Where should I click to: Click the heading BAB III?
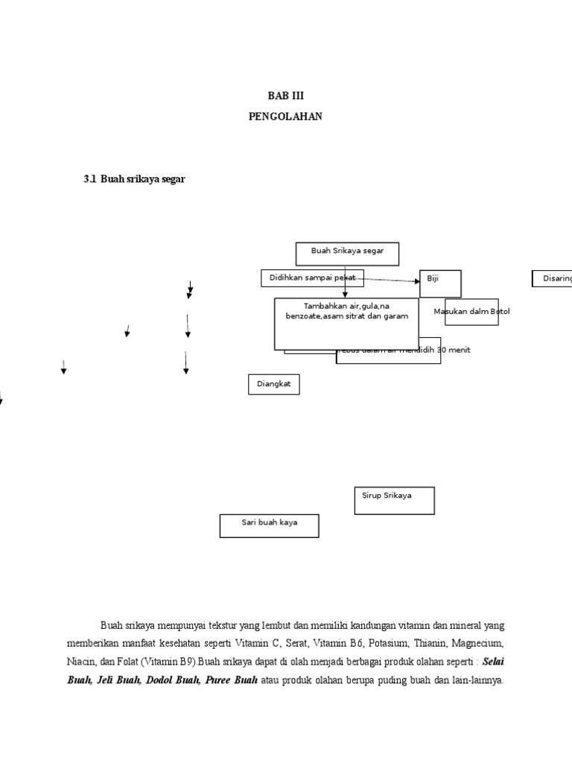click(286, 96)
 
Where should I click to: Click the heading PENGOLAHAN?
click(286, 117)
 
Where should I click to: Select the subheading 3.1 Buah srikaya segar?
click(135, 179)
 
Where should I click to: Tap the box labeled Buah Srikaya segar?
click(347, 253)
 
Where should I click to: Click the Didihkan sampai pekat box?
click(312, 278)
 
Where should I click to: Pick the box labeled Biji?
click(439, 283)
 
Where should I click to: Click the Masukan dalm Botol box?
click(471, 312)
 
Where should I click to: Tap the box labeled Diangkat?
click(273, 384)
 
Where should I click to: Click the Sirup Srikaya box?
click(394, 500)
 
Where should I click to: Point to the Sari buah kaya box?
click(269, 525)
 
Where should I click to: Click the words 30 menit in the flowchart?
click(454, 350)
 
